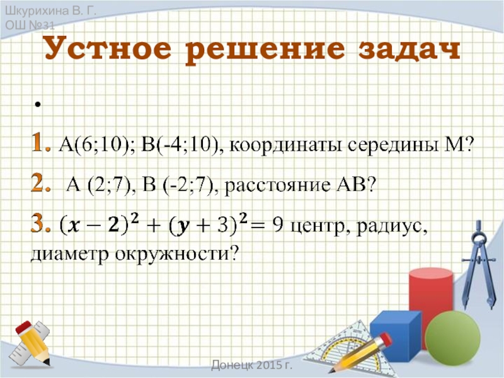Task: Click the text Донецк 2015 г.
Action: click(256, 365)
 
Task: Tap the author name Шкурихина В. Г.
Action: click(43, 10)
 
